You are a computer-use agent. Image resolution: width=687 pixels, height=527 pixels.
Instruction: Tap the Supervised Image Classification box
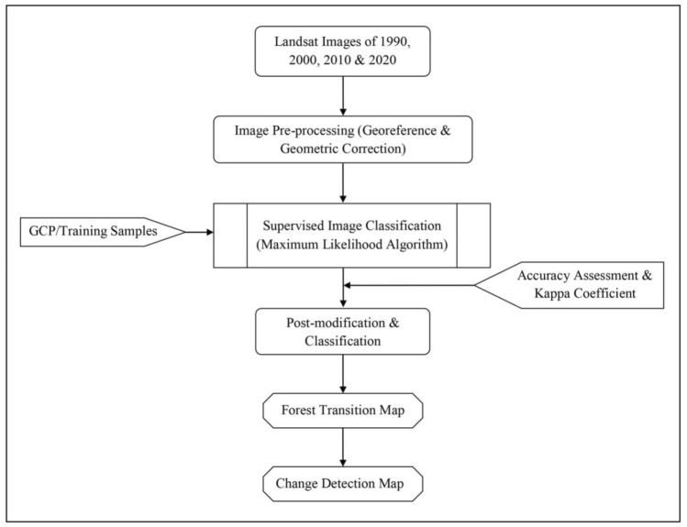pos(351,236)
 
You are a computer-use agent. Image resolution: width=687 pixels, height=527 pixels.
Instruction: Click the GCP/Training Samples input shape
pos(91,233)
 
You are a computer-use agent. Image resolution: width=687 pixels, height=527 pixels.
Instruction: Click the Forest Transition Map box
pos(343,412)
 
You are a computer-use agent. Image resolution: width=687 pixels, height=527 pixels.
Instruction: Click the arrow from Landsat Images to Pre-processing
pos(343,95)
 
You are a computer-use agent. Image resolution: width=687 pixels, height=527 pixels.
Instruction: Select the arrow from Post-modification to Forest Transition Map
pos(343,374)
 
